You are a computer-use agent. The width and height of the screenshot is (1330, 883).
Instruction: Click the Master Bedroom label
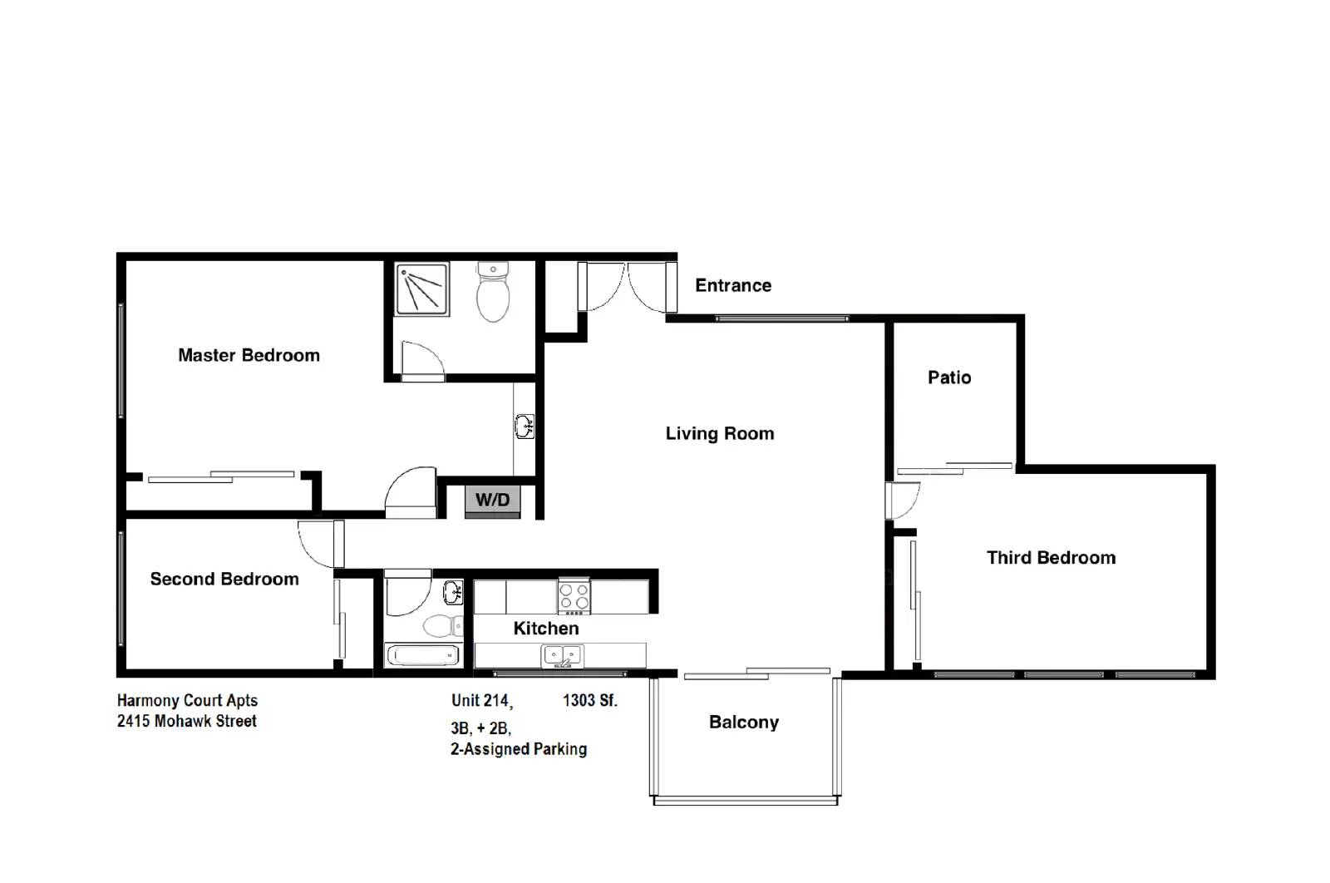click(x=249, y=356)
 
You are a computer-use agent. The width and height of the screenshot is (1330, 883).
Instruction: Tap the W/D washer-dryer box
click(x=492, y=501)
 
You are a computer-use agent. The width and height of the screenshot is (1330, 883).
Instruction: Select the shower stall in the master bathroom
click(x=422, y=289)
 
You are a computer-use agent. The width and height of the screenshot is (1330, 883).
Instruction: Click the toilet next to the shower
click(x=493, y=293)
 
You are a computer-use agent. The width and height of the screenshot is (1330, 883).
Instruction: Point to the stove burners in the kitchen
click(x=574, y=597)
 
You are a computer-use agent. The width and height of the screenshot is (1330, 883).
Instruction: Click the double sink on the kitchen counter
click(x=563, y=656)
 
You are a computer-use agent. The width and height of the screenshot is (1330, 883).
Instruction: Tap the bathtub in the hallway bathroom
click(x=424, y=656)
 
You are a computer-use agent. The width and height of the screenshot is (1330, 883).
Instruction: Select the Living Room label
click(x=719, y=434)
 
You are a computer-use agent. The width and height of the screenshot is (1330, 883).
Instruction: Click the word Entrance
click(x=732, y=286)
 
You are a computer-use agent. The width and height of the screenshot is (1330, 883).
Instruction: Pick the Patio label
click(x=949, y=378)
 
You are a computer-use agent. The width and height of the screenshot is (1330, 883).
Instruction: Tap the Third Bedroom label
click(x=1051, y=558)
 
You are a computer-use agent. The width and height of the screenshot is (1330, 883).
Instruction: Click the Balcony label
click(x=743, y=723)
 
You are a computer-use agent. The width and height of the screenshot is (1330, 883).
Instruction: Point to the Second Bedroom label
click(x=224, y=580)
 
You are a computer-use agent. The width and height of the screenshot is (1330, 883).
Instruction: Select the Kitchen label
click(x=545, y=629)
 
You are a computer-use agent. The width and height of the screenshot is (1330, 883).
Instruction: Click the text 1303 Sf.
click(x=589, y=701)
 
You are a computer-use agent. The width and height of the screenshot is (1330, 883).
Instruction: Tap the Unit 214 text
click(x=481, y=701)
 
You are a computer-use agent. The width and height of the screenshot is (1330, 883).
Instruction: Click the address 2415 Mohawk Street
click(x=187, y=722)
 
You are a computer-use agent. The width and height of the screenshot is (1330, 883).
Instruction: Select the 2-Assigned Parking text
click(x=519, y=749)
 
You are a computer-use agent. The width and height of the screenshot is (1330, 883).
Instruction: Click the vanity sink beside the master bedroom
click(x=525, y=427)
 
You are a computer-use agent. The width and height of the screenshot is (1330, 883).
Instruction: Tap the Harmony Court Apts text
click(x=187, y=701)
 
